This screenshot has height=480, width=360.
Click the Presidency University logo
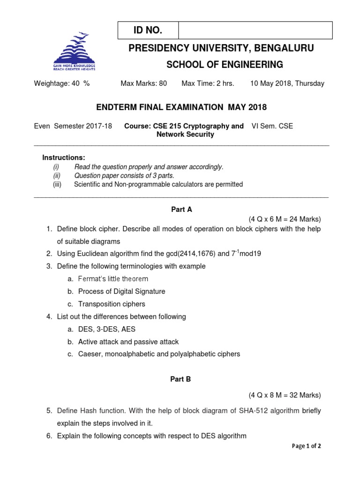75,51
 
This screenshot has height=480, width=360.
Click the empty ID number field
255,30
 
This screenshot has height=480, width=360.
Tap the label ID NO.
148,30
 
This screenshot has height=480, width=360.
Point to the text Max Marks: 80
144,83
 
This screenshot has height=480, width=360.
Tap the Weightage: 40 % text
61,83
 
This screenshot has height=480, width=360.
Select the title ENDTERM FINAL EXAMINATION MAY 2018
181,107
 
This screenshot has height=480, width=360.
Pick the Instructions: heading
64,157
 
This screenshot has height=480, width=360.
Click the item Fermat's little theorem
113,279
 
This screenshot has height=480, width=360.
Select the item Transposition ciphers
112,304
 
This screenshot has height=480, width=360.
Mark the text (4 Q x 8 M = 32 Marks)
285,395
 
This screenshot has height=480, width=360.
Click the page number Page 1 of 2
307,446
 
